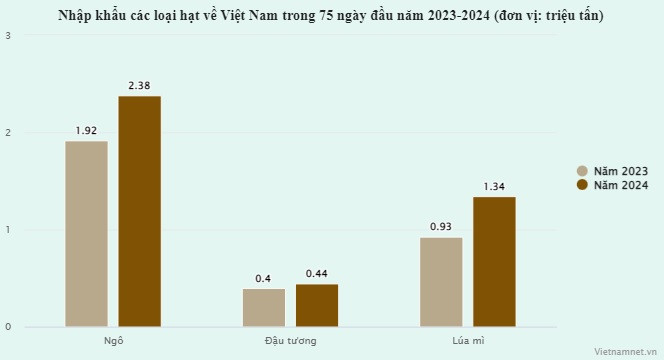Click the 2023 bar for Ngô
86,233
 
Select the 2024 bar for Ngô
139,211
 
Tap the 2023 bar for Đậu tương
264,307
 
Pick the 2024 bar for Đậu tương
317,305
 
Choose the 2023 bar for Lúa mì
441,281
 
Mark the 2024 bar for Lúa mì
494,261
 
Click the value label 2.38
139,86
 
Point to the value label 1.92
86,131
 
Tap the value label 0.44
317,274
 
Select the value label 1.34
494,187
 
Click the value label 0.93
441,227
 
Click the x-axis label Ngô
113,341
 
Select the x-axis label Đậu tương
290,341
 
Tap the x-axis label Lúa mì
467,341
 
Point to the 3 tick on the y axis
9,36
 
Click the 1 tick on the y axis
9,230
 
